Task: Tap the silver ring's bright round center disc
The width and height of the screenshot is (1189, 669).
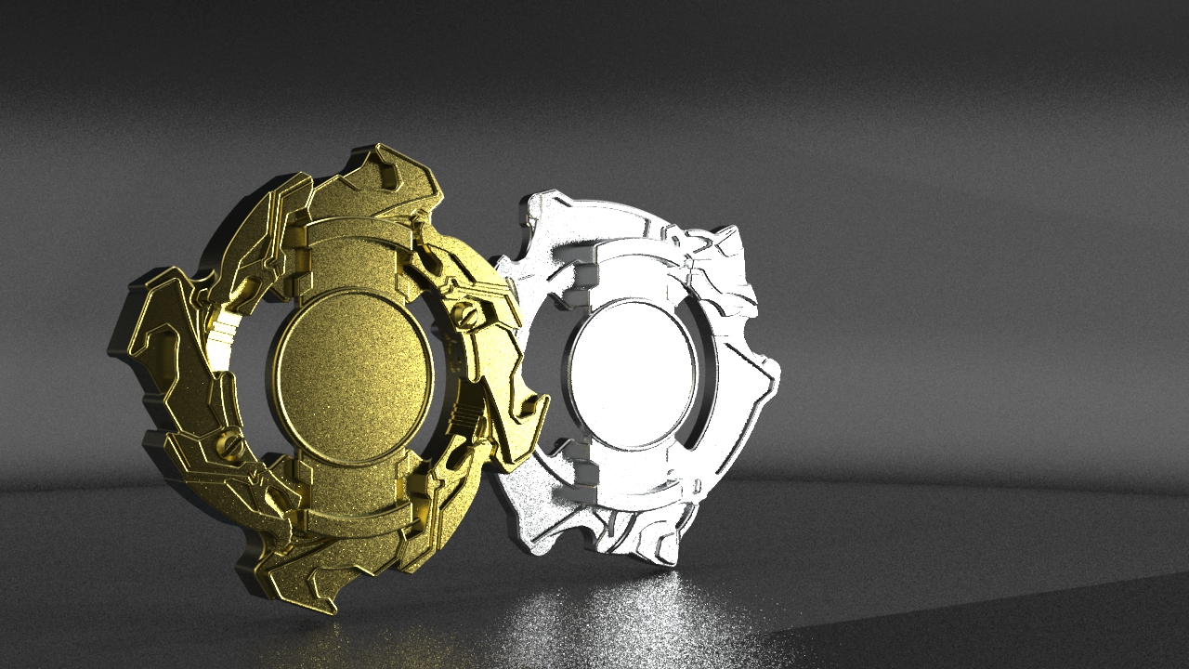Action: pos(632,363)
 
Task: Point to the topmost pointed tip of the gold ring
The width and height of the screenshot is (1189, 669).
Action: pos(380,148)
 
